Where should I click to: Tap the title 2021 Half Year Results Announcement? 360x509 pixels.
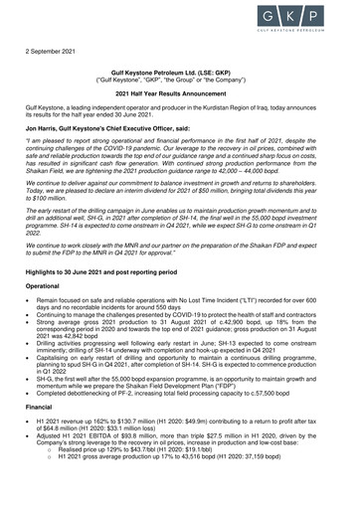click(x=180, y=91)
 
